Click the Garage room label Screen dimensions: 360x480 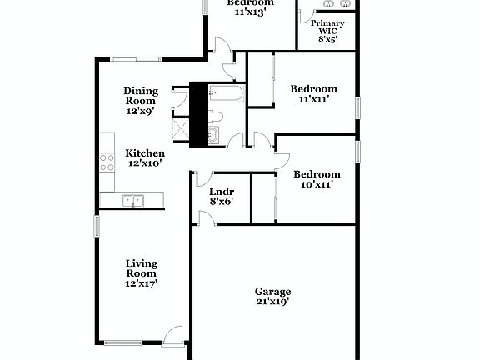pos(272,291)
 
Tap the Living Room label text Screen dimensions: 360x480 pos(142,268)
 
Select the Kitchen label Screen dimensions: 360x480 pos(145,153)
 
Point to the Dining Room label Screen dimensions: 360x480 pos(141,96)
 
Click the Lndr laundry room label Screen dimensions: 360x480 pos(220,191)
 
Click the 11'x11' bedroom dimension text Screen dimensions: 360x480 pos(313,100)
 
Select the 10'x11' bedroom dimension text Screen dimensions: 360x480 pos(316,185)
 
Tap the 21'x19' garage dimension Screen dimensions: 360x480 pos(272,302)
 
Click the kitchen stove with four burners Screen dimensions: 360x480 pos(107,162)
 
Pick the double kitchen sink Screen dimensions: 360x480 pos(132,200)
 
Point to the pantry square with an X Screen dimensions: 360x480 pos(179,127)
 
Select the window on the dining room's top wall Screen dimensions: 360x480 pos(137,58)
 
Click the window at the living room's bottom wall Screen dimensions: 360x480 pos(122,341)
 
